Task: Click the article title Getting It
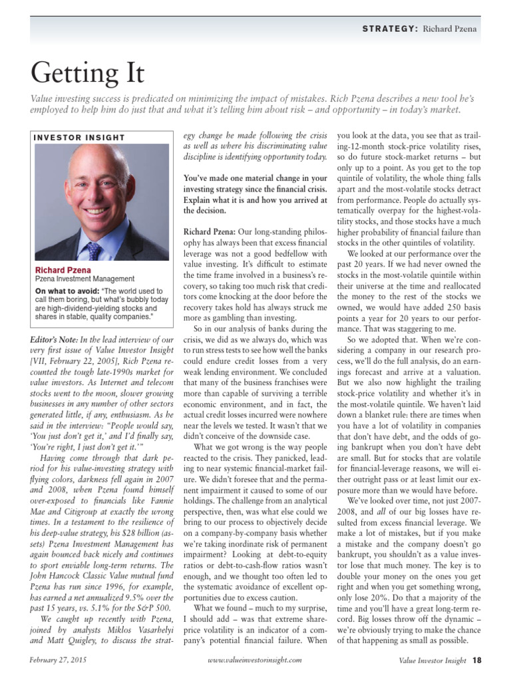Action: point(86,71)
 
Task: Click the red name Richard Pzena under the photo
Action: point(64,271)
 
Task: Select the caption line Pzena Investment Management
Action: point(85,280)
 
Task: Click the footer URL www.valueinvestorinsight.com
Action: point(255,660)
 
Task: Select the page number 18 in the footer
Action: point(477,660)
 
